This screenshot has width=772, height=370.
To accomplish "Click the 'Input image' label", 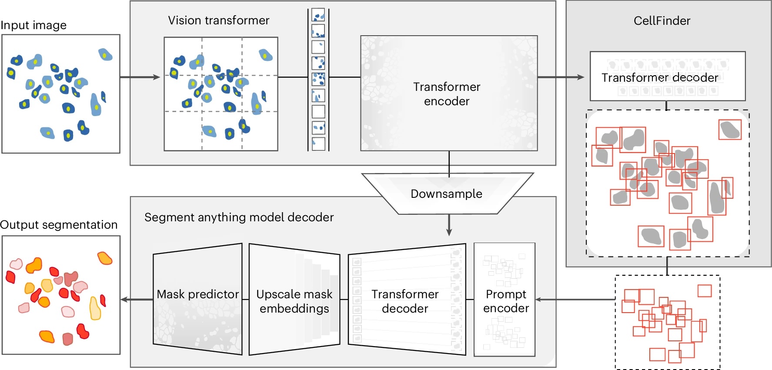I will point(33,25).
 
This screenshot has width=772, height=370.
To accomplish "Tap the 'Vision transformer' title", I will point(218,20).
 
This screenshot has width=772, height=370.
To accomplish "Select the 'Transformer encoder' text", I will point(447,94).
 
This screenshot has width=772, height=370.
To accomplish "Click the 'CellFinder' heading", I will point(662,21).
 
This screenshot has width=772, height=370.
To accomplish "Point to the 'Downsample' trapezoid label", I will point(446,193).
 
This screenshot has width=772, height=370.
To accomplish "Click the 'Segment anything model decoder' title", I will point(239,217).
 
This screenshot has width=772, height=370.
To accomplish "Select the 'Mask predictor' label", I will point(198,294).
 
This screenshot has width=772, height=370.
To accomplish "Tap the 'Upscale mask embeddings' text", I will point(294,301).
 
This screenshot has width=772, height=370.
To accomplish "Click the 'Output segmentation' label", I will point(59,225).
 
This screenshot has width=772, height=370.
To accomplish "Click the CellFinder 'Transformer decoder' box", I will point(667,77).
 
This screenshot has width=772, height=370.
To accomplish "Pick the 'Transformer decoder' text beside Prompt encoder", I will point(405,301).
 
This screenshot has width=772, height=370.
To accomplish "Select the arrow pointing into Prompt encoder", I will point(574,300).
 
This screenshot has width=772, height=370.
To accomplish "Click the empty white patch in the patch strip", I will point(318,111).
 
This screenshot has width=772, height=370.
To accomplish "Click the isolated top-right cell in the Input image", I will point(105,54).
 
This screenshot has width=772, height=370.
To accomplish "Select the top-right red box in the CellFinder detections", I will point(730,130).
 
